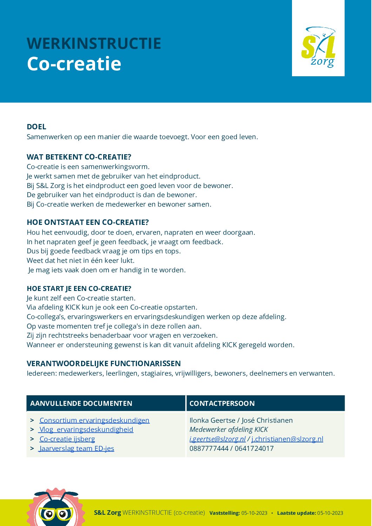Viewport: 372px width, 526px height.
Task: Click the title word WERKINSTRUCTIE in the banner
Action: click(x=94, y=44)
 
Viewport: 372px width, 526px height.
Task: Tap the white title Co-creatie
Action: click(x=74, y=64)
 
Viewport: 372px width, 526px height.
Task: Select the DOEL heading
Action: click(x=36, y=127)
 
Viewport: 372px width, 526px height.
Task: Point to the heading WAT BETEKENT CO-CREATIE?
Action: click(x=79, y=157)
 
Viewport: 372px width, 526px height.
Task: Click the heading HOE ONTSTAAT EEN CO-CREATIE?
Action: click(x=88, y=222)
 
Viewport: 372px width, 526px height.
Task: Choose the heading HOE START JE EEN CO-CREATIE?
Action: click(x=79, y=288)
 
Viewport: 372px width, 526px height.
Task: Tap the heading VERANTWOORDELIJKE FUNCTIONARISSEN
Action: click(x=104, y=364)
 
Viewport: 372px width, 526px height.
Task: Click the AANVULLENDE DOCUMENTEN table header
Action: click(x=81, y=403)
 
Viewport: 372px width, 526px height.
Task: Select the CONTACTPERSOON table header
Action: click(x=222, y=403)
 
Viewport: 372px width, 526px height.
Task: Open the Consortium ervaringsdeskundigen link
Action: click(x=94, y=420)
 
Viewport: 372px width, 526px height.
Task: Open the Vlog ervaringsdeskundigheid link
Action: click(x=86, y=430)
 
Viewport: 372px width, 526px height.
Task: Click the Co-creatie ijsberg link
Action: click(x=67, y=439)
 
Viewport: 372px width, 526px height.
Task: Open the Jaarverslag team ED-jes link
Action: click(x=77, y=448)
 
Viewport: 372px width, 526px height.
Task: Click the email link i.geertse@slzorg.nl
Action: click(x=218, y=439)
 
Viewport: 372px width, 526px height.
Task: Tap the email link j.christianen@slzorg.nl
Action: click(x=287, y=439)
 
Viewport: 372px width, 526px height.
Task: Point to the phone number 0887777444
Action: click(x=209, y=448)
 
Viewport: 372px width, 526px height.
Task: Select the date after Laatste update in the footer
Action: click(x=330, y=513)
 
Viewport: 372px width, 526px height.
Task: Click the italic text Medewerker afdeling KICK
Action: click(x=228, y=430)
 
